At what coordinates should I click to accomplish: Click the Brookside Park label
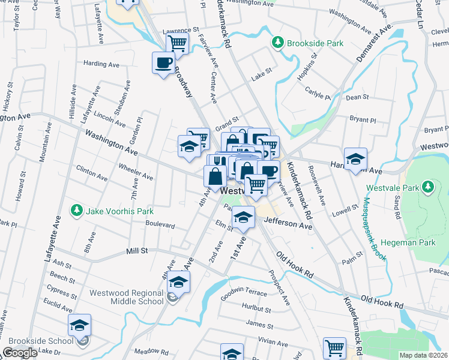(x=315, y=43)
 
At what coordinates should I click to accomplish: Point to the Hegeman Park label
(x=417, y=242)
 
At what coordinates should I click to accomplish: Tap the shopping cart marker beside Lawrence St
(x=177, y=43)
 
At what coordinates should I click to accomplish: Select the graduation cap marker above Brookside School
(x=79, y=325)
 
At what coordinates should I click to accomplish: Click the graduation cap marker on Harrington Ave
(x=356, y=158)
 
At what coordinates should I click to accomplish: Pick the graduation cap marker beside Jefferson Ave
(x=243, y=217)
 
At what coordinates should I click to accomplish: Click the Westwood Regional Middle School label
(x=126, y=297)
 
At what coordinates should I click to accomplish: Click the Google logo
(x=20, y=353)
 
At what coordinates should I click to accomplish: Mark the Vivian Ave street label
(x=273, y=343)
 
